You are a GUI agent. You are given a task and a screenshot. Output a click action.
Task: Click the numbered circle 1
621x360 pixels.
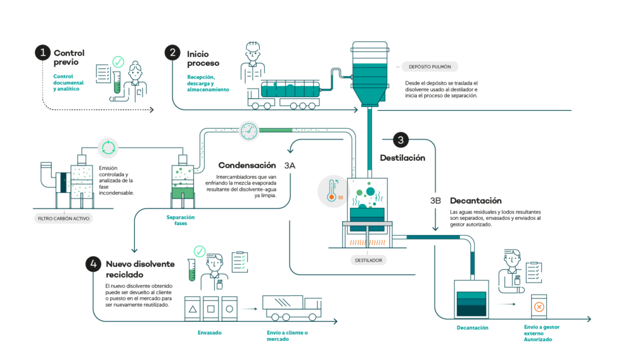[42, 53]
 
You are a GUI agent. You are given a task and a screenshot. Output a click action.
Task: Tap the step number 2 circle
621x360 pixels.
[172, 53]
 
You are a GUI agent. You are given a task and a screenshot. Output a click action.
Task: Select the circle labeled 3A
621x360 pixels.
[290, 165]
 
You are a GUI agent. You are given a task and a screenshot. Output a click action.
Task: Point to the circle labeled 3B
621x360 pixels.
[435, 202]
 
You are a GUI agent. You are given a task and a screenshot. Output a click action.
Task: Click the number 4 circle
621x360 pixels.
[94, 264]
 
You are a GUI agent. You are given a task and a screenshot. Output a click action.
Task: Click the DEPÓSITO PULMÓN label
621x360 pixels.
[429, 67]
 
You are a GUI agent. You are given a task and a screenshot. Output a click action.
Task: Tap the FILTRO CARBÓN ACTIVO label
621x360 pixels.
[64, 218]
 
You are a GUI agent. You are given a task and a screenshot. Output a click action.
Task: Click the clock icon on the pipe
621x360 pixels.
[249, 131]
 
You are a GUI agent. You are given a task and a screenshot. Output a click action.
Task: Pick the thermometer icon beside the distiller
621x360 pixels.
[333, 191]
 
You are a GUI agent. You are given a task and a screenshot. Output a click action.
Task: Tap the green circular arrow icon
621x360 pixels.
[108, 148]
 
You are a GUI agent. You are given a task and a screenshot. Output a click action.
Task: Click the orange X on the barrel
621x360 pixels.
[539, 307]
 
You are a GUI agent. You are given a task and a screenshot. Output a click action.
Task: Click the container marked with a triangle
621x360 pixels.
[193, 308]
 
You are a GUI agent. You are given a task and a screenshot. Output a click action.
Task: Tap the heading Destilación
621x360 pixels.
[402, 158]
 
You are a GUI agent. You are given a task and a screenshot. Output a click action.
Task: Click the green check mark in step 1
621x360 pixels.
[118, 61]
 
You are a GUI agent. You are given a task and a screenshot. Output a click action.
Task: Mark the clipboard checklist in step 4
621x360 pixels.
[239, 260]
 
